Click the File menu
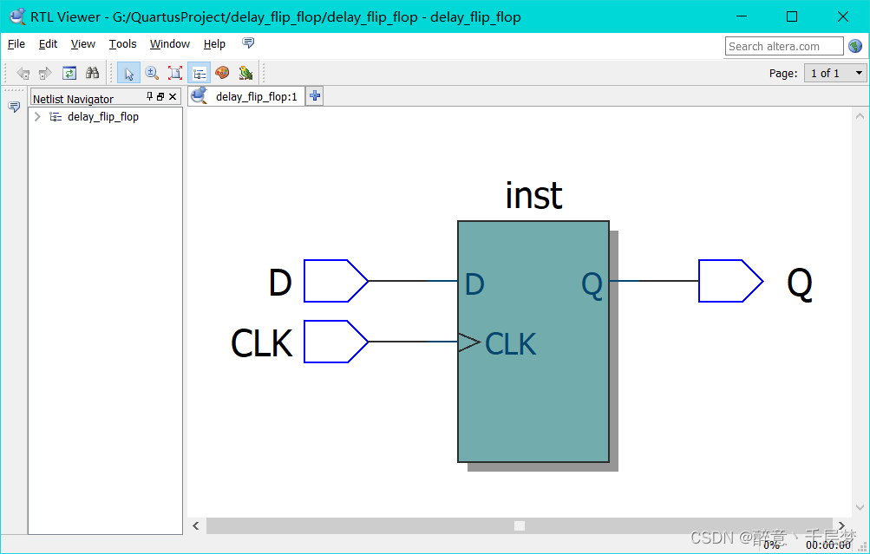coord(16,44)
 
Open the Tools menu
coord(122,44)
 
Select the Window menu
coord(169,44)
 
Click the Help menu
coord(214,44)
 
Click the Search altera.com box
coord(783,46)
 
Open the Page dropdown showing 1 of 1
coord(835,74)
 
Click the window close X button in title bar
coord(843,16)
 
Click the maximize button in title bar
coord(791,16)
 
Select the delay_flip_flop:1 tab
coord(255,97)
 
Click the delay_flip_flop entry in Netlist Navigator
coord(102,117)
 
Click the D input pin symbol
coord(335,281)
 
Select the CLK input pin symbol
coord(335,342)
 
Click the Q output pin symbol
coord(729,281)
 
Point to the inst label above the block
coord(533,196)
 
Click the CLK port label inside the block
coord(510,344)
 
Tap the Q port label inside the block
coord(592,284)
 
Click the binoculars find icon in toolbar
coord(92,74)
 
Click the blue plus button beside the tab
coord(315,96)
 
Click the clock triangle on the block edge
coord(468,342)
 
